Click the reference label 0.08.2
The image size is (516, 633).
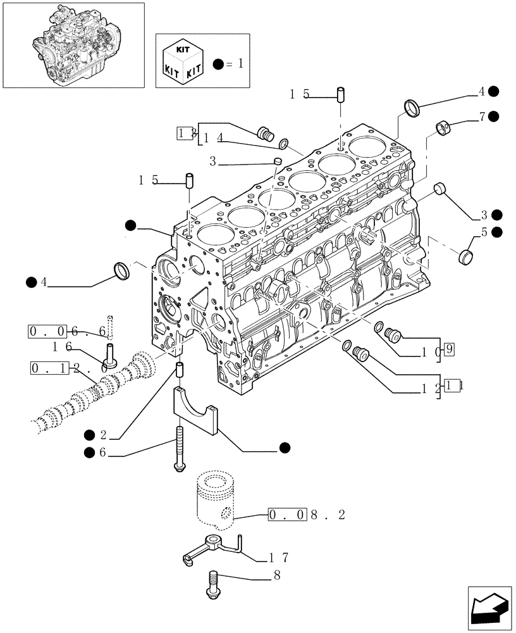pos(307,515)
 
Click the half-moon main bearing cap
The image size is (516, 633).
pos(194,412)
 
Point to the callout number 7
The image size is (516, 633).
pos(482,116)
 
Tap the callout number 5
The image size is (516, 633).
pos(484,232)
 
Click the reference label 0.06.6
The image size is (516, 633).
pos(61,330)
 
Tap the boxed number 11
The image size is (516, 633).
pos(451,384)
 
